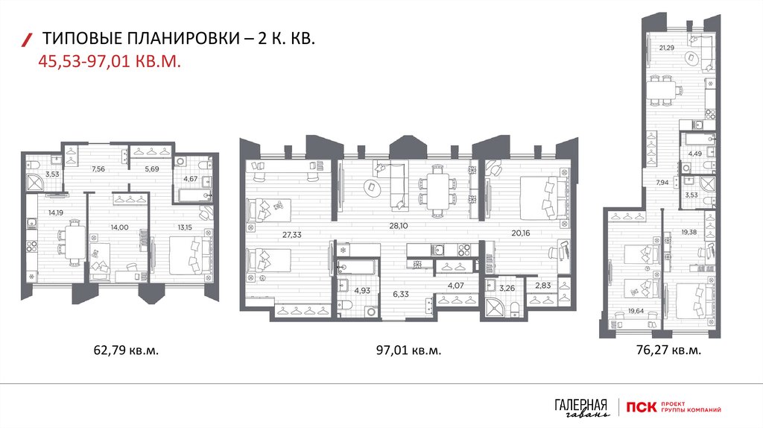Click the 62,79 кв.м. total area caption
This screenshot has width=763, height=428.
(x=126, y=350)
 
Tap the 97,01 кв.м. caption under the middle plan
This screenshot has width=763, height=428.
(x=409, y=350)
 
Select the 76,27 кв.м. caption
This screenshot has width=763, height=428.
(x=668, y=350)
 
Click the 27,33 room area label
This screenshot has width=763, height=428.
(x=292, y=235)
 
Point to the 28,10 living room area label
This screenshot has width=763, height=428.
(x=399, y=225)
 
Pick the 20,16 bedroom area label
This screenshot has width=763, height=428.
(x=521, y=233)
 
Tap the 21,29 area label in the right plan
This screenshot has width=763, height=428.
(x=667, y=48)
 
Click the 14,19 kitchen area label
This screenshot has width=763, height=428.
(x=55, y=213)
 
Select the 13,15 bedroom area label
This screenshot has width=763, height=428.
(x=185, y=227)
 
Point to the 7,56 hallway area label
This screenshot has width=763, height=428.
(x=98, y=169)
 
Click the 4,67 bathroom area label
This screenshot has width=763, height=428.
(x=191, y=179)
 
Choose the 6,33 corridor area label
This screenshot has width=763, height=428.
(x=401, y=294)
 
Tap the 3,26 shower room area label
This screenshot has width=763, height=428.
(x=507, y=288)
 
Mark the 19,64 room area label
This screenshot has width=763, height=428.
(x=636, y=311)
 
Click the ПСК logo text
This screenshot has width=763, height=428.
(x=641, y=407)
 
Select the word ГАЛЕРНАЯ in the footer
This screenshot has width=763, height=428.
(x=581, y=405)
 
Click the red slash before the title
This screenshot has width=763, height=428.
(x=28, y=40)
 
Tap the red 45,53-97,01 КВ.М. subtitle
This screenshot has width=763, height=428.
(x=110, y=62)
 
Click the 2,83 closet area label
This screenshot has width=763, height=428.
(x=542, y=286)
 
